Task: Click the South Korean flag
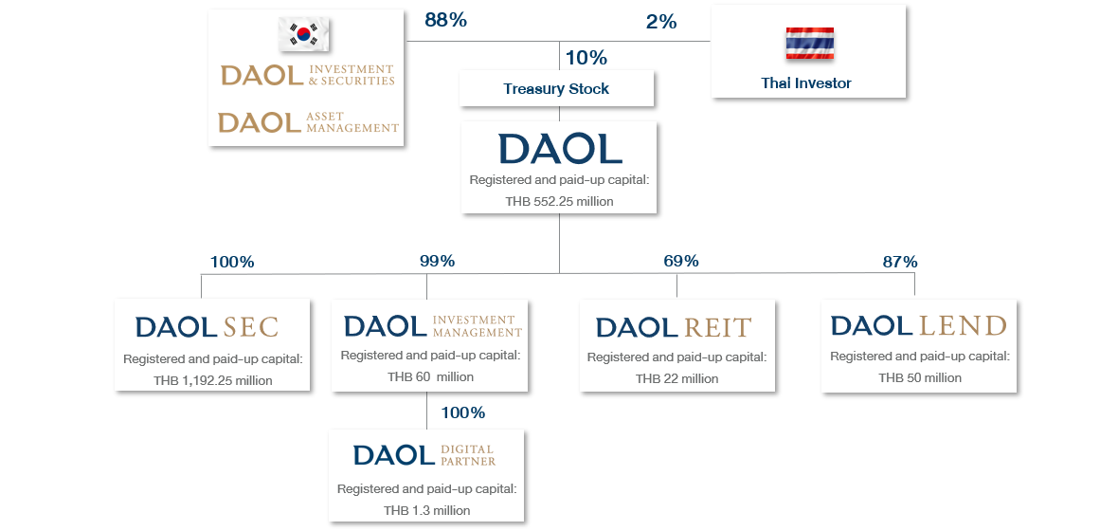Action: coord(304,35)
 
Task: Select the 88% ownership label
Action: coord(445,21)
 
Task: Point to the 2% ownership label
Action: coord(661,22)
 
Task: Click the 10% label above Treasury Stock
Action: coord(586,58)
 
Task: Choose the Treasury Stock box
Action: coord(556,89)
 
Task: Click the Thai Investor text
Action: coord(806,83)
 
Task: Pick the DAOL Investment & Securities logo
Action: coord(307,75)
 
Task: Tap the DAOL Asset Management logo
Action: coord(308,121)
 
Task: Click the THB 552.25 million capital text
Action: coord(559,201)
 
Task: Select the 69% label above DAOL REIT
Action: coord(681,261)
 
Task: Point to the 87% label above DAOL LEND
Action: coord(900,262)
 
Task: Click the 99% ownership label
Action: coord(438,262)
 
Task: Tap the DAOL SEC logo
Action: coord(207,328)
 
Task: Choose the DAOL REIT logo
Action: coord(674,328)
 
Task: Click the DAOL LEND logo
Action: coord(918,326)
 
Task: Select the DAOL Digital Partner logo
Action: coord(424,454)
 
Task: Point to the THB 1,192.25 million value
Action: coord(212,381)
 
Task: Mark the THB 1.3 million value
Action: coord(426,510)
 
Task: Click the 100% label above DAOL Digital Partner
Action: coord(463,412)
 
